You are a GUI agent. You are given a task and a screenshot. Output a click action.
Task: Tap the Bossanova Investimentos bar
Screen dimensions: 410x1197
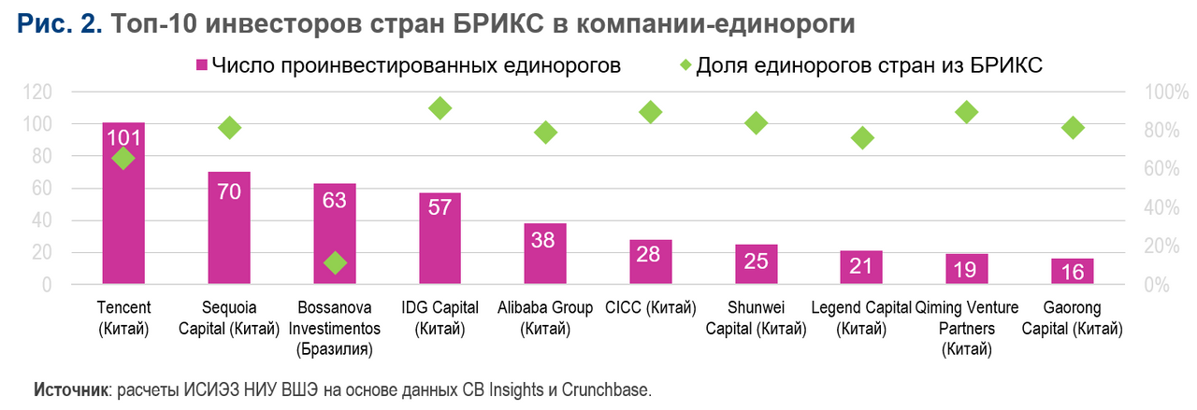[335, 224]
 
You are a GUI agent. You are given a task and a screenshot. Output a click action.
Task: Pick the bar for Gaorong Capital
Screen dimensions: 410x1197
[1073, 272]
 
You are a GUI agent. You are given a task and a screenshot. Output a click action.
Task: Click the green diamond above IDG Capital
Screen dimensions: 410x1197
[440, 108]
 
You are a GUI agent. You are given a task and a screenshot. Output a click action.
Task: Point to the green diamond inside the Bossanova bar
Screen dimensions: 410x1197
[335, 263]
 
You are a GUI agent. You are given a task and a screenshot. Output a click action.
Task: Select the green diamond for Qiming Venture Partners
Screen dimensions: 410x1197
[967, 112]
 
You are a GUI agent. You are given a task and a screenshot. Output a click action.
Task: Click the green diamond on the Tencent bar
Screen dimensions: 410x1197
[123, 159]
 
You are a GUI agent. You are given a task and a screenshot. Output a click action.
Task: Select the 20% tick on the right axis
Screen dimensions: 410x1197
[1164, 246]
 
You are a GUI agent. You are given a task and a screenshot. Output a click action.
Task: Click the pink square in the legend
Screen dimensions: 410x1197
[200, 65]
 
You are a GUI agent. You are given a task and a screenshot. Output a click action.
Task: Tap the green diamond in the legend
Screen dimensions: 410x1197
[685, 65]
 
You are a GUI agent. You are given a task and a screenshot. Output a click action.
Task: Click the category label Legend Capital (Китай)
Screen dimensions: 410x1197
[861, 318]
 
